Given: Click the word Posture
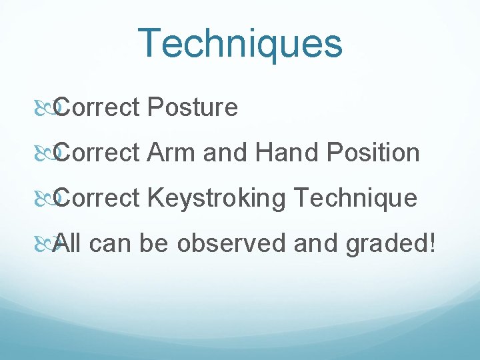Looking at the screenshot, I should tap(193, 107).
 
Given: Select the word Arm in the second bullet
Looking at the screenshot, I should tap(172, 153).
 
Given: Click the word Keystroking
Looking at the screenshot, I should tap(217, 199).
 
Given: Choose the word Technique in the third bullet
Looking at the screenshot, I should tap(355, 198).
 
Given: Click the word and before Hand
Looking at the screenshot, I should tap(225, 153).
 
